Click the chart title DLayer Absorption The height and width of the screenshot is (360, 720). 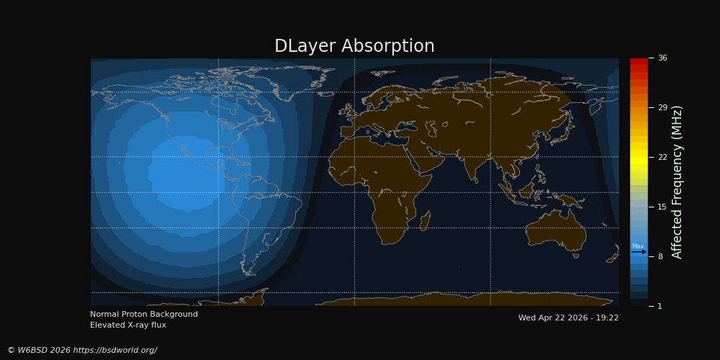click(354, 46)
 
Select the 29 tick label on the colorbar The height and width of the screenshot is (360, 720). click(662, 107)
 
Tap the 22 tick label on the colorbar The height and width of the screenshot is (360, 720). click(662, 157)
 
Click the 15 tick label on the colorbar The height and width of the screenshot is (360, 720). click(662, 207)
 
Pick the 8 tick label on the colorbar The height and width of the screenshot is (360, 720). click(660, 256)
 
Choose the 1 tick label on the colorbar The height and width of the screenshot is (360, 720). click(660, 306)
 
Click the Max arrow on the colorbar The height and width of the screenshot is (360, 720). click(638, 251)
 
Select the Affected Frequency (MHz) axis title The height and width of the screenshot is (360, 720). click(678, 182)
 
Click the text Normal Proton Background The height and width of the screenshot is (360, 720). click(144, 315)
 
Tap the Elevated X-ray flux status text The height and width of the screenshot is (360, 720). click(128, 325)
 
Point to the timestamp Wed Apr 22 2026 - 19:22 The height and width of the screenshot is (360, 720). click(569, 318)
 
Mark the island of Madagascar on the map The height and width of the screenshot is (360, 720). click(426, 221)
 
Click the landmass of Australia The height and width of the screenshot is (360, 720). click(556, 230)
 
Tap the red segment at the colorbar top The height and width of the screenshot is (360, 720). click(639, 61)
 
